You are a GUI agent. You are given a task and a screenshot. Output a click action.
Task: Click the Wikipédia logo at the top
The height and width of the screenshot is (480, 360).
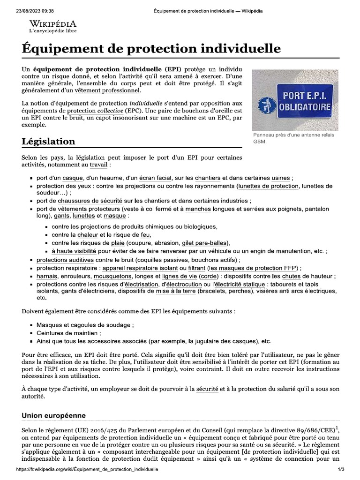coord(52,26)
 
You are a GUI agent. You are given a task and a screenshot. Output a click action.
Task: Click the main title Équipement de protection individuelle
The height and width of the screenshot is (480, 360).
coord(151,49)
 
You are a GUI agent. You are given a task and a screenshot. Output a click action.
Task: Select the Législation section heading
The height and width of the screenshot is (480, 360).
coord(48,141)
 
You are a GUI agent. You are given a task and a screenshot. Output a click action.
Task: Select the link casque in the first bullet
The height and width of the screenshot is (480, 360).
coord(73,178)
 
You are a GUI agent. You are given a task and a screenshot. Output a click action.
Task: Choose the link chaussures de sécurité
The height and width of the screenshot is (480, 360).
coord(90,201)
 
